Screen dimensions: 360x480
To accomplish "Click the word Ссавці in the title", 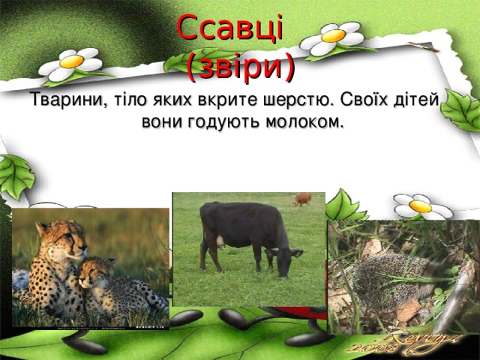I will pyautogui.click(x=230, y=28).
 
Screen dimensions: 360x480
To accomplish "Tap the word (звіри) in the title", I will pyautogui.click(x=240, y=67).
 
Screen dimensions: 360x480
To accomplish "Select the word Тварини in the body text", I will pyautogui.click(x=63, y=100).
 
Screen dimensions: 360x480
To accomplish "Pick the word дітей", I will pyautogui.click(x=421, y=100).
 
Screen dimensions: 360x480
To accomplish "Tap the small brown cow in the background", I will pyautogui.click(x=302, y=199).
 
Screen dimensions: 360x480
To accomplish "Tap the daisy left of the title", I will pyautogui.click(x=70, y=64).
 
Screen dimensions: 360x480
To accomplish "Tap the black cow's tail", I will pyautogui.click(x=203, y=235).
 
